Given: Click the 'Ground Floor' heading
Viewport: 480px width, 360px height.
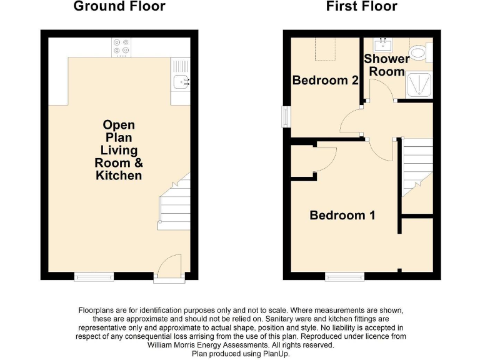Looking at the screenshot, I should pyautogui.click(x=119, y=7).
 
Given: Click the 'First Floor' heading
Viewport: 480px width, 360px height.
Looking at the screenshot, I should pyautogui.click(x=361, y=7).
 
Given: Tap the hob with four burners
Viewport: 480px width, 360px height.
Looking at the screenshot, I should pyautogui.click(x=120, y=46).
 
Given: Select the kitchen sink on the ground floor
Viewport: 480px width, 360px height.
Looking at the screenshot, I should pyautogui.click(x=181, y=80).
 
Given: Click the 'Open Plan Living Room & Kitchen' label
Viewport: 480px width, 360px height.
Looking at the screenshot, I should pyautogui.click(x=119, y=150).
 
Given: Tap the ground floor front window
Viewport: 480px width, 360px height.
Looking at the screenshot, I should pyautogui.click(x=94, y=276).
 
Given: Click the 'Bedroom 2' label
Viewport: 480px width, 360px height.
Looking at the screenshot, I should pyautogui.click(x=325, y=81).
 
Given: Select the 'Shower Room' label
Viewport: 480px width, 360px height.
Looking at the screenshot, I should pyautogui.click(x=387, y=65).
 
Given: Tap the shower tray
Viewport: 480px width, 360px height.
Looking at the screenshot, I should pyautogui.click(x=421, y=85).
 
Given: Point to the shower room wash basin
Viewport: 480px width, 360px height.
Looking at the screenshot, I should pyautogui.click(x=382, y=45).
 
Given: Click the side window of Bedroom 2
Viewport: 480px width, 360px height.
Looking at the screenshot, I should pyautogui.click(x=286, y=116).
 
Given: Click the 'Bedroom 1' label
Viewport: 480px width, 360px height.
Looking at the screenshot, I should pyautogui.click(x=342, y=216).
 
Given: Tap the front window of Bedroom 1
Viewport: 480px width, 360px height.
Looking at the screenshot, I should pyautogui.click(x=344, y=276).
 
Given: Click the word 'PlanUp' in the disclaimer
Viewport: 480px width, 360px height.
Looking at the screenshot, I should pyautogui.click(x=275, y=353).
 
